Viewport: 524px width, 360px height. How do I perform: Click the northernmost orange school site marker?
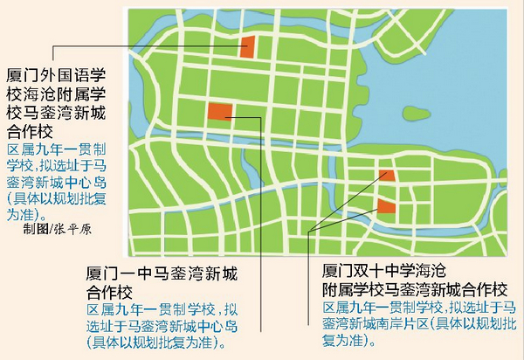coord(247,46)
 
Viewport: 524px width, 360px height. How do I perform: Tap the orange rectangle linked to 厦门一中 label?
coord(220,112)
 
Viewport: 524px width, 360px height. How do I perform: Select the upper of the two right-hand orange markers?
coord(387,174)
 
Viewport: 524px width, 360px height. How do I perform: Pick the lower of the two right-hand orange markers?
coord(385,206)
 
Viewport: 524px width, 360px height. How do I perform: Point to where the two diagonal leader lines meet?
coord(312,231)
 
